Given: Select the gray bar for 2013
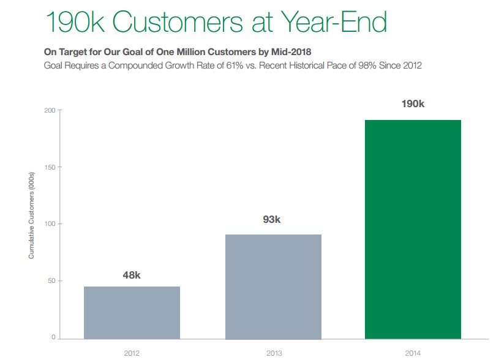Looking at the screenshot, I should (x=273, y=286).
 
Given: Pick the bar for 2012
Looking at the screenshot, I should (x=132, y=312).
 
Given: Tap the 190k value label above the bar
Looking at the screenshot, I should (x=413, y=103).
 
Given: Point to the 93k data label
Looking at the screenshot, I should (x=272, y=219).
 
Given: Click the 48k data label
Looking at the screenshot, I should (x=132, y=275).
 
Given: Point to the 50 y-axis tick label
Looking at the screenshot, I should (x=51, y=281).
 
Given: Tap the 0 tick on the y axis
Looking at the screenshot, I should (x=53, y=338).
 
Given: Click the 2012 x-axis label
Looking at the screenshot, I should (x=132, y=353).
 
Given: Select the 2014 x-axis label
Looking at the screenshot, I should (x=413, y=353).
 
